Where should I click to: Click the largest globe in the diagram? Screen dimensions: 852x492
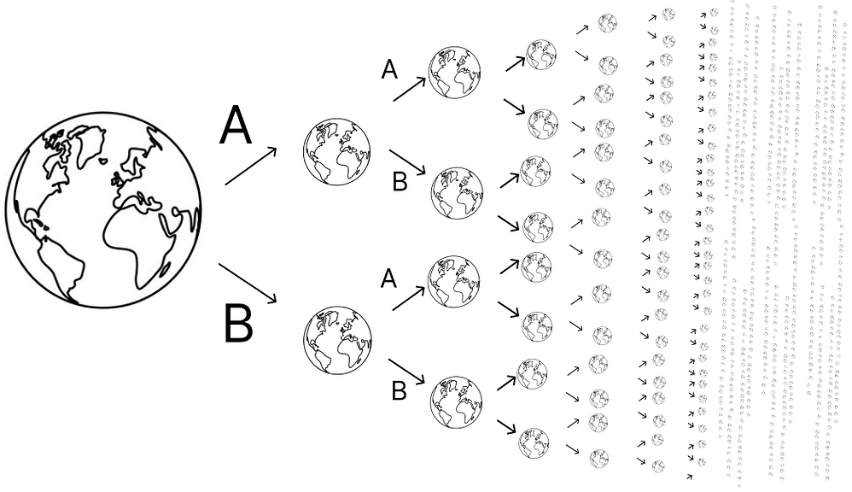[x=104, y=210]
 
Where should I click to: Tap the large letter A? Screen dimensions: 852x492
[x=236, y=126]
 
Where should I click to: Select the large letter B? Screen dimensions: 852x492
[x=238, y=324]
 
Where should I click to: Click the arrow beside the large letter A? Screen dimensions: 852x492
[x=251, y=166]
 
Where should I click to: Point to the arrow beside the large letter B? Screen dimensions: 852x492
[x=248, y=284]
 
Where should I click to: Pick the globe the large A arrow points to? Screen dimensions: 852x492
[x=337, y=152]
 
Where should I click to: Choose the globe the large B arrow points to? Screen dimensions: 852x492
[x=337, y=340]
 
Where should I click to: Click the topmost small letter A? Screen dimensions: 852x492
[x=389, y=69]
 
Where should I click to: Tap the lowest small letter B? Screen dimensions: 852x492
[x=399, y=390]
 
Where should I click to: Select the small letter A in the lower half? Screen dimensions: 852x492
[x=388, y=279]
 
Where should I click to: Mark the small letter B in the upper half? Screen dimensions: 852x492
[x=400, y=182]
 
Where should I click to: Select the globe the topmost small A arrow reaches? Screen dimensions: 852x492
[x=455, y=72]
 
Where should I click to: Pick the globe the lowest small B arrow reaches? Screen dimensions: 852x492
[x=457, y=402]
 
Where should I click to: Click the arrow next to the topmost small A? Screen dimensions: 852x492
[x=410, y=89]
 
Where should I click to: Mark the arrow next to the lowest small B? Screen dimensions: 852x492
[x=406, y=371]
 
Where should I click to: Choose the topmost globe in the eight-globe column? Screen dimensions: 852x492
[x=541, y=55]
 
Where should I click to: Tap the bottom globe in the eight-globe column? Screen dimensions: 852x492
[x=534, y=443]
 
